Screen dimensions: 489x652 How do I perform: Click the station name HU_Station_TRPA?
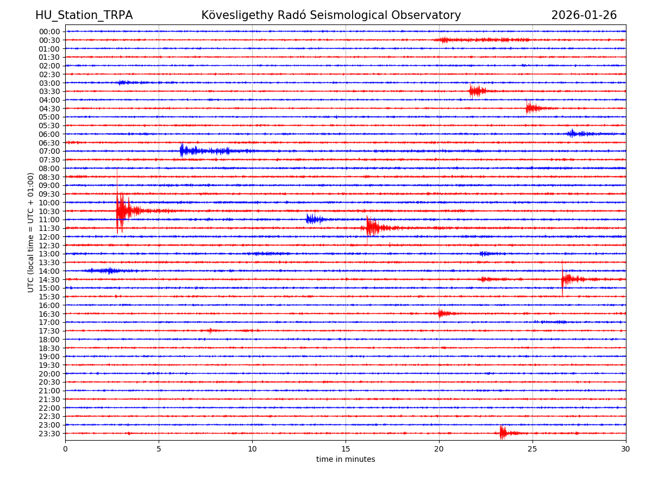click(x=84, y=15)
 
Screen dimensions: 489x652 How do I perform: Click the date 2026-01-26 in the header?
click(x=584, y=15)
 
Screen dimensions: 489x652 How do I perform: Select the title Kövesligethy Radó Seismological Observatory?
click(x=331, y=15)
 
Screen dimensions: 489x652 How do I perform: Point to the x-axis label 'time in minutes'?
click(x=346, y=460)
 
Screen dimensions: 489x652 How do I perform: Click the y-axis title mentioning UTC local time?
click(x=31, y=232)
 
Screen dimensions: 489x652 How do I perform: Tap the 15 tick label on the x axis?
click(x=346, y=449)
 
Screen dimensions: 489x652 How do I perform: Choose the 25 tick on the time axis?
click(x=532, y=449)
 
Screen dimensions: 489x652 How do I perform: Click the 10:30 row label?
click(x=49, y=211)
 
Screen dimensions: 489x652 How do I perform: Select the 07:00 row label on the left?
click(x=49, y=151)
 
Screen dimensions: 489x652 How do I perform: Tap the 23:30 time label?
click(x=49, y=434)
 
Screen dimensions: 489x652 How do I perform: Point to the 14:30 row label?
click(x=49, y=280)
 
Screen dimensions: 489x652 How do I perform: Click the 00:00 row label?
click(x=49, y=32)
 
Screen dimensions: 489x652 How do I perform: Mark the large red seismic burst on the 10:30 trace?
click(x=123, y=210)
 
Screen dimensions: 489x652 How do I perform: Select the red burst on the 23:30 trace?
click(x=504, y=432)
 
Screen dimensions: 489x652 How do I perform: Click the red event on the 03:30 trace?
click(x=477, y=91)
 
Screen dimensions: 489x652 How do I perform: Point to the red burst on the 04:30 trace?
click(x=532, y=108)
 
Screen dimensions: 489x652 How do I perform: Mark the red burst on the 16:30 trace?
click(x=443, y=313)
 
